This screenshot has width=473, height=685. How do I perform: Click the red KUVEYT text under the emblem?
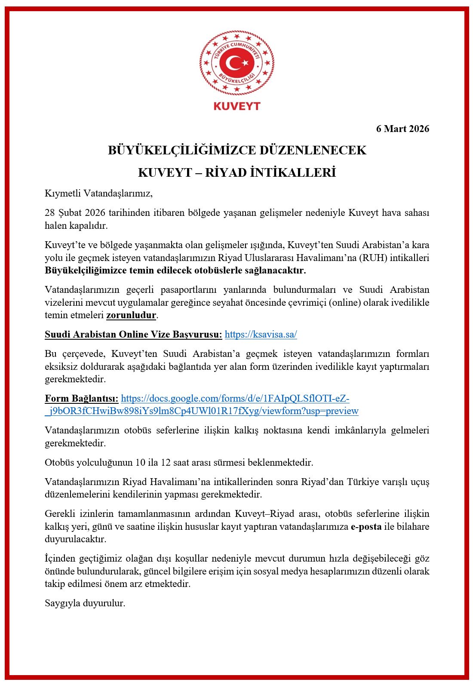[x=237, y=106]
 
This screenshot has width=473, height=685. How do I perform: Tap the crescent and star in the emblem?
[x=237, y=63]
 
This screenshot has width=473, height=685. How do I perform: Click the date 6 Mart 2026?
[x=402, y=129]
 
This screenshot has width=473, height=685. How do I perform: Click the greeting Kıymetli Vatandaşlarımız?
[x=98, y=193]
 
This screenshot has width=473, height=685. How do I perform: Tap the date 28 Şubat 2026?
[x=75, y=212]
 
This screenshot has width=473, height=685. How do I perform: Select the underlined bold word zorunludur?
[x=131, y=315]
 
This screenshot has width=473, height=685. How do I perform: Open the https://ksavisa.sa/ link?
[x=261, y=334]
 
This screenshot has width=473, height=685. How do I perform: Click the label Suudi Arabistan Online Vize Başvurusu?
[x=133, y=334]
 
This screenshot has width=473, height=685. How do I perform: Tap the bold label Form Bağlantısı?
[x=81, y=398]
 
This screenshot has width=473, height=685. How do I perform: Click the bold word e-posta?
[x=366, y=526]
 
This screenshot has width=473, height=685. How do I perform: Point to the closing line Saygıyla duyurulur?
[x=85, y=603]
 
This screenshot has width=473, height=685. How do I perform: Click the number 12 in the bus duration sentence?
[x=166, y=462]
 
